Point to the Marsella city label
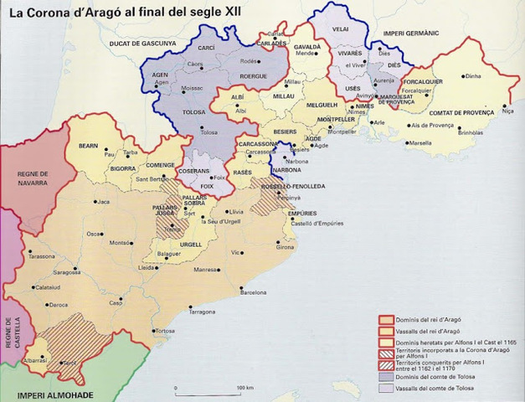tap(421, 143)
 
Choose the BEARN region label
tap(89, 146)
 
